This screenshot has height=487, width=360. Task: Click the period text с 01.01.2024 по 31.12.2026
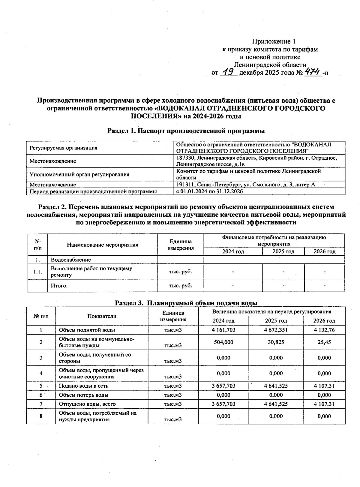pyautogui.click(x=209, y=191)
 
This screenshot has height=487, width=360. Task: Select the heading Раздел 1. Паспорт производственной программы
pyautogui.click(x=186, y=131)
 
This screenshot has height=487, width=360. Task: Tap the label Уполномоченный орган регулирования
pyautogui.click(x=79, y=174)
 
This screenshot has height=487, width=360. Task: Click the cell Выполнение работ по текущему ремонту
pyautogui.click(x=91, y=272)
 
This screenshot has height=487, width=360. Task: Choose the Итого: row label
pyautogui.click(x=59, y=286)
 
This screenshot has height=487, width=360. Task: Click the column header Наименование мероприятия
pyautogui.click(x=102, y=245)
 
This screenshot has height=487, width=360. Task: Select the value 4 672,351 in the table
pyautogui.click(x=276, y=330)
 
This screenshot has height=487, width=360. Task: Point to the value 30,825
pyautogui.click(x=276, y=342)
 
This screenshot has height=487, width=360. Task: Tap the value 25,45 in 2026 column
pyautogui.click(x=324, y=342)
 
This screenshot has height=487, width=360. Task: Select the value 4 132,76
pyautogui.click(x=324, y=330)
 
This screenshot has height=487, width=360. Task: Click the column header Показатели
pyautogui.click(x=102, y=316)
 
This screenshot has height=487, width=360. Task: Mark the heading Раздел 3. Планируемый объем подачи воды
pyautogui.click(x=186, y=303)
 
